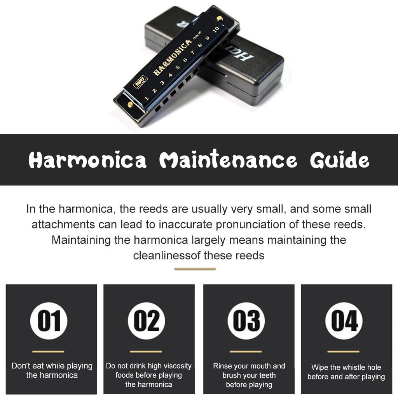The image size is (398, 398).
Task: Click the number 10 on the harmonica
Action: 216,30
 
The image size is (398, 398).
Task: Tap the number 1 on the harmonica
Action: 146,98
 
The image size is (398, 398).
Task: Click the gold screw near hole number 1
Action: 130,104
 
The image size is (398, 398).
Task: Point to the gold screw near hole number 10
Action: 220,18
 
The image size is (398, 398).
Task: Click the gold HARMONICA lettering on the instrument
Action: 172,58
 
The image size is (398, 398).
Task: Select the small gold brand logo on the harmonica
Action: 140,82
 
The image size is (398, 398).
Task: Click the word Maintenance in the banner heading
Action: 228,159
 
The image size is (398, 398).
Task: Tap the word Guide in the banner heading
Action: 340,160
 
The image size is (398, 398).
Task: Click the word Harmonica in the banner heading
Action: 87,160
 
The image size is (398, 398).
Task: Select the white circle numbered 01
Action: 49,321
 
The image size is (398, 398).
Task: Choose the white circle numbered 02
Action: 147,321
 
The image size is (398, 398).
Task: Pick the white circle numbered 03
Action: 246,321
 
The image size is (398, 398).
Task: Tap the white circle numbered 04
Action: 344,321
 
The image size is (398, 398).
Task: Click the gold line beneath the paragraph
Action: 195,269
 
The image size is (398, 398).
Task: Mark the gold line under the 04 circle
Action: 344,351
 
